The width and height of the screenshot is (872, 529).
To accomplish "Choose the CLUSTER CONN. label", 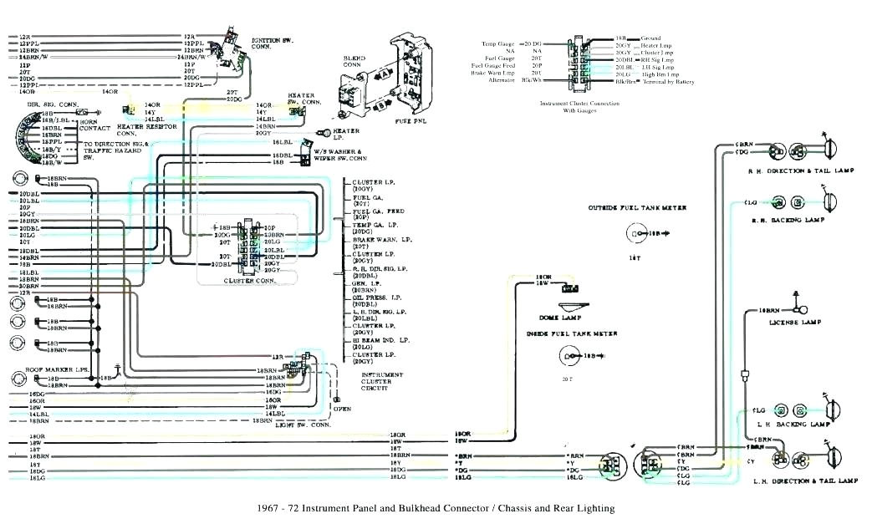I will (x=248, y=281).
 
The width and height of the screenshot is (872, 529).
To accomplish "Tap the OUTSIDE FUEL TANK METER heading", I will (x=637, y=207).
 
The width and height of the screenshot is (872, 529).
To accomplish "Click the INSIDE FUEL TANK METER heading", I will (x=572, y=333).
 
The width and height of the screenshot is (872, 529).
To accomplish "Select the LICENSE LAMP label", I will (x=799, y=322).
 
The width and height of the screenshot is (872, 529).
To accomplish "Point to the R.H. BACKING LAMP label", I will (x=788, y=220).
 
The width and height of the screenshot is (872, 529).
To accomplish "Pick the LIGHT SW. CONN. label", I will (x=303, y=425).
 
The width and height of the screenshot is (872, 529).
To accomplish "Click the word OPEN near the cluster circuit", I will (x=342, y=409).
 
